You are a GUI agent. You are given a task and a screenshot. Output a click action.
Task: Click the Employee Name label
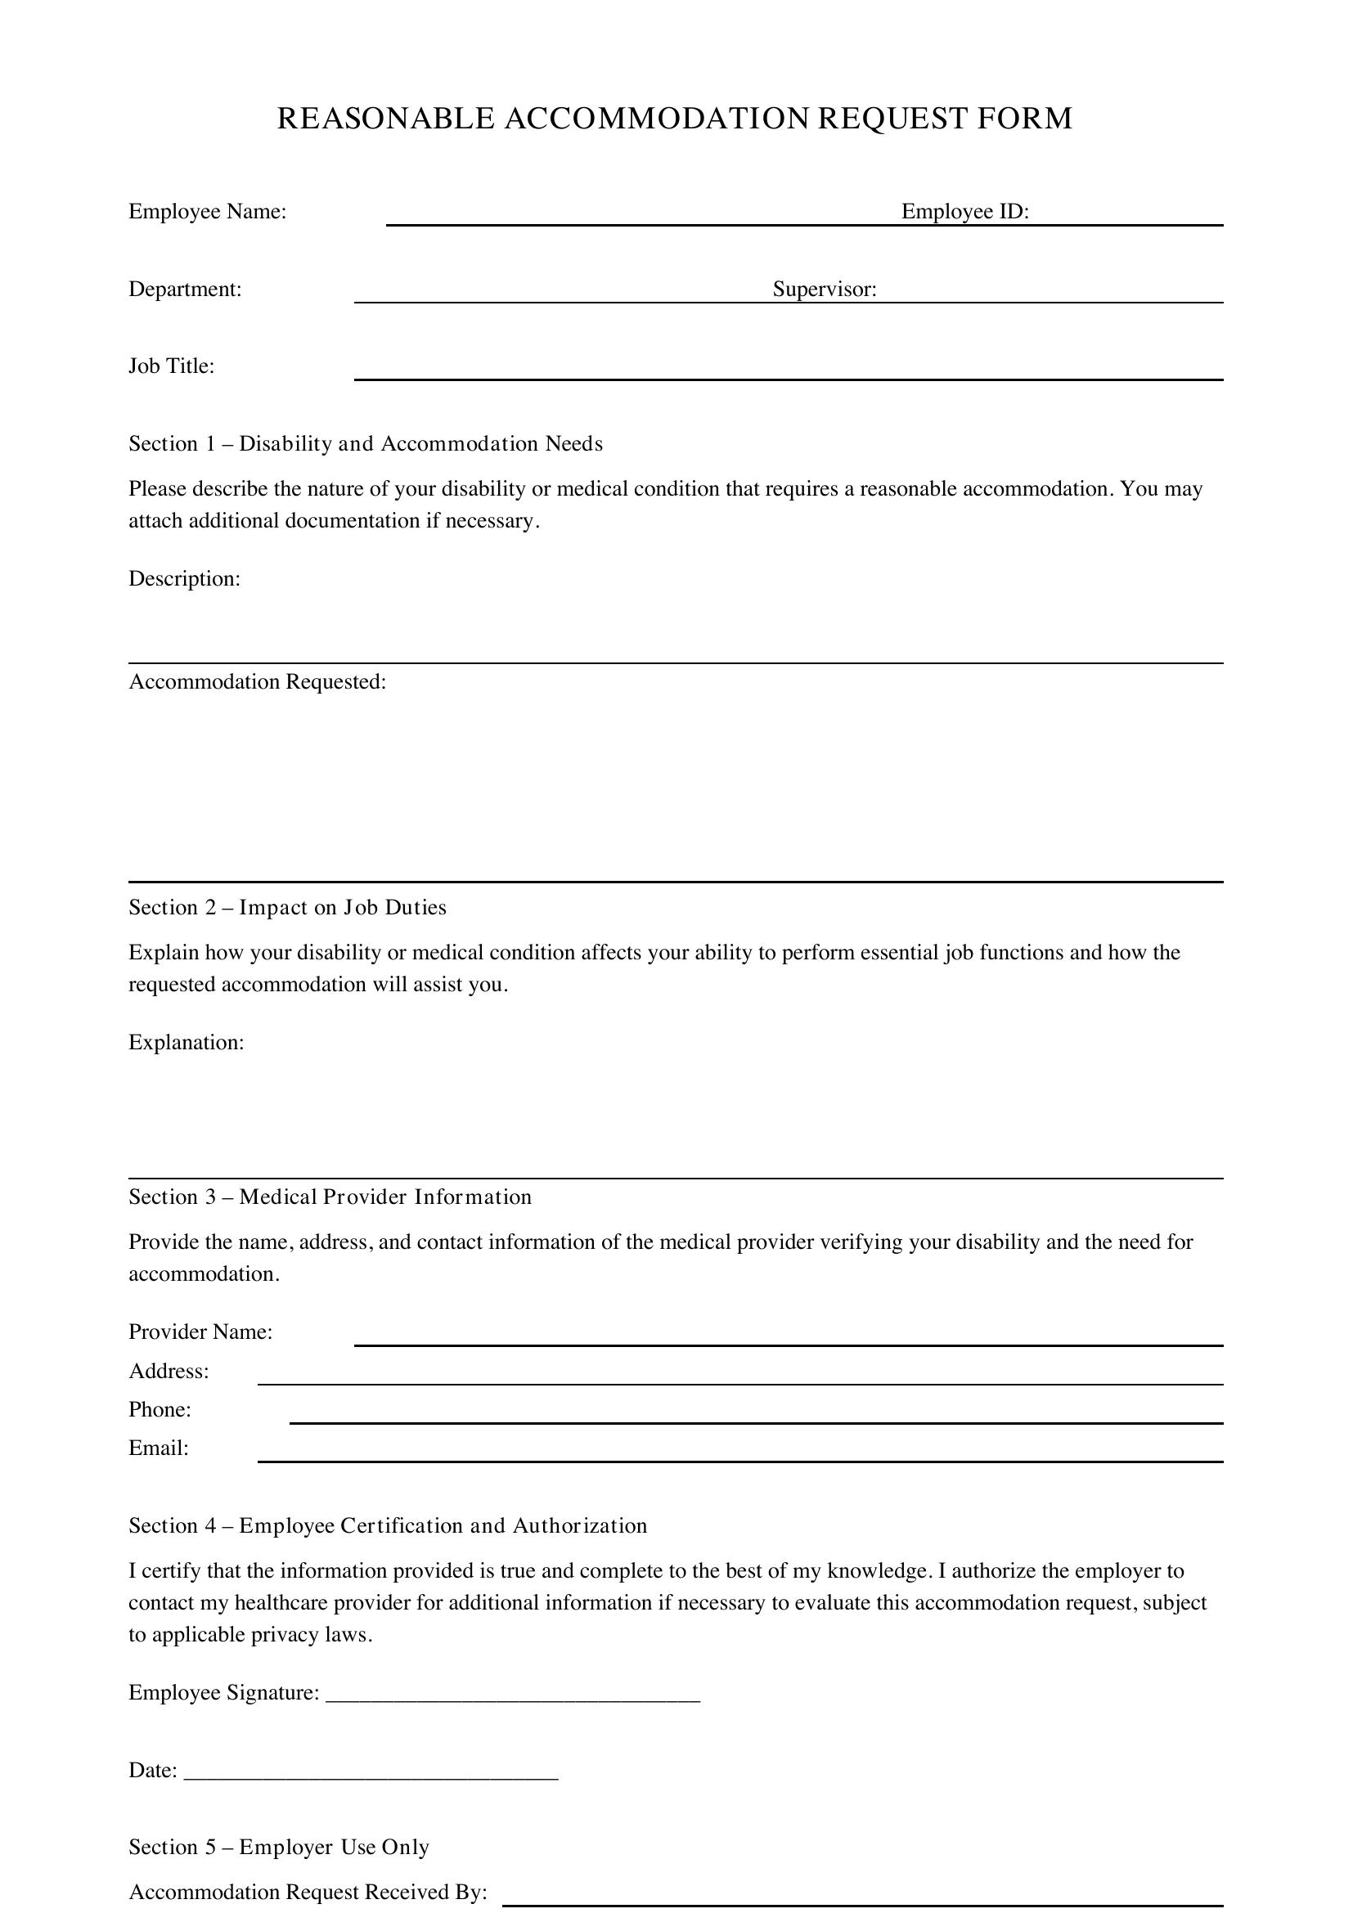(208, 212)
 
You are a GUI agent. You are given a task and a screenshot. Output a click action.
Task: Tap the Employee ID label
(964, 212)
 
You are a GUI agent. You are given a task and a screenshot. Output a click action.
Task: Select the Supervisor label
(824, 289)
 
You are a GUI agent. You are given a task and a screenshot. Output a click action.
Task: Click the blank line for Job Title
(788, 376)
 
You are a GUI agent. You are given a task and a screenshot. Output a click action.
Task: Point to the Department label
(185, 289)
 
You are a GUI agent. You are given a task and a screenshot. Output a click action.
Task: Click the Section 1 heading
(366, 443)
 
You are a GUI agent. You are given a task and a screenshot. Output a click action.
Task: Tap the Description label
(184, 578)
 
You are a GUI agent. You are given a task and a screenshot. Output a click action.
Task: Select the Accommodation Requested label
(258, 681)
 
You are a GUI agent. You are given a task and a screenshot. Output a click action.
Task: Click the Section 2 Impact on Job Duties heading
(287, 907)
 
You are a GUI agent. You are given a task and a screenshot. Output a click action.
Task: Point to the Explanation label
(186, 1042)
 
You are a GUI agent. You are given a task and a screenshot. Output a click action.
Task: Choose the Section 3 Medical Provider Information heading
(330, 1197)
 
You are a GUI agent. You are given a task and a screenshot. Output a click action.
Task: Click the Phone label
(160, 1409)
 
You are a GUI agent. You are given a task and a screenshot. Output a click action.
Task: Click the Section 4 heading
(388, 1525)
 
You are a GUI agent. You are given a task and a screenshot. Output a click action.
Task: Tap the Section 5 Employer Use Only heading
(279, 1848)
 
